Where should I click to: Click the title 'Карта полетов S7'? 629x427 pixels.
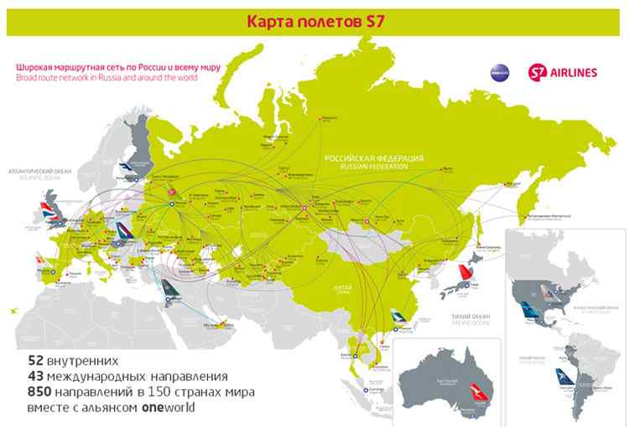(x=314, y=18)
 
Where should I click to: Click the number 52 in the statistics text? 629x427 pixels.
(x=36, y=361)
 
